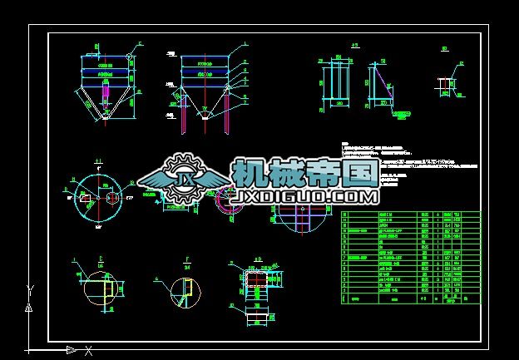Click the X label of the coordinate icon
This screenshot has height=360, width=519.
(x=88, y=351)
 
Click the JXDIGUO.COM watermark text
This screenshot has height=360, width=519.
(x=307, y=196)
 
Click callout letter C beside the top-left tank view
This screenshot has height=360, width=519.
(x=140, y=43)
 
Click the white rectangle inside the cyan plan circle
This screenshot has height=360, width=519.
(x=85, y=197)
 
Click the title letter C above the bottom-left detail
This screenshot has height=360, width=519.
(x=100, y=259)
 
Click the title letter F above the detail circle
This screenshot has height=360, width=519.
(x=186, y=259)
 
